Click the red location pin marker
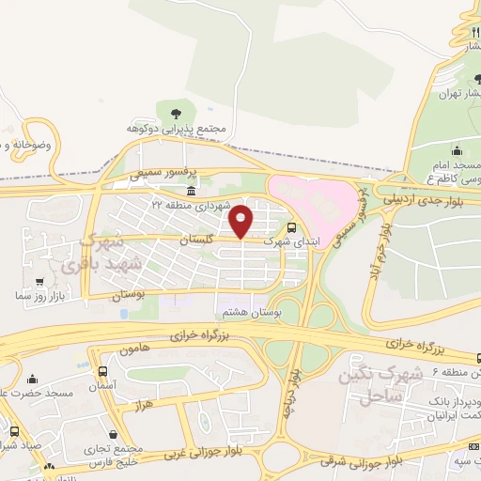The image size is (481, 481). [x=241, y=221]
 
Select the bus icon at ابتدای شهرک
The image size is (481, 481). [x=291, y=227]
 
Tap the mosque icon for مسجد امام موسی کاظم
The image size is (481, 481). [x=457, y=150]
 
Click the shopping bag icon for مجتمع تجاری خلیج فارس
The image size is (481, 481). [x=114, y=436]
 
